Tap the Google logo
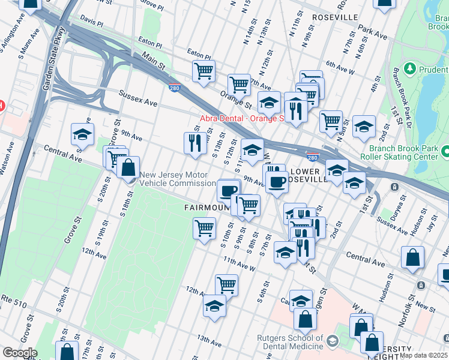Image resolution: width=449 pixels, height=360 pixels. tap(19, 353)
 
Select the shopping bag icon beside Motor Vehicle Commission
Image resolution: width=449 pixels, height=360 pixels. tap(128, 167)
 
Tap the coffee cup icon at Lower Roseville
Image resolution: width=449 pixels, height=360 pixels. tap(277, 181)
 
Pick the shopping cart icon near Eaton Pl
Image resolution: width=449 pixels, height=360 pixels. tap(203, 71)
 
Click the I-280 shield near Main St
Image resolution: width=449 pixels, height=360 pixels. tap(173, 88)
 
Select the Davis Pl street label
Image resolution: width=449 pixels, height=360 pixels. tap(92, 20)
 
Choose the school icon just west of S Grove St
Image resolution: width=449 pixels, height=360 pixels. tap(82, 134)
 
